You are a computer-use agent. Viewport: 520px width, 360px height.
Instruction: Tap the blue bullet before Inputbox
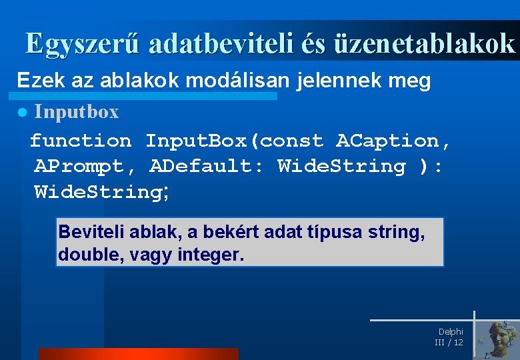tap(22, 113)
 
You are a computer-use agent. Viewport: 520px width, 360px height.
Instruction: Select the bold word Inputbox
tap(77, 112)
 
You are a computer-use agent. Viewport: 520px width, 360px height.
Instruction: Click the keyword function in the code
tap(81, 141)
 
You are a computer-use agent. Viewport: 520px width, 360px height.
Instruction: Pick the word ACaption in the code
tap(393, 141)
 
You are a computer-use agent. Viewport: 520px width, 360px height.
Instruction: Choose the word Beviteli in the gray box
tap(88, 232)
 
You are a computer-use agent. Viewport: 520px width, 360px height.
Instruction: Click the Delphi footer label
tap(451, 331)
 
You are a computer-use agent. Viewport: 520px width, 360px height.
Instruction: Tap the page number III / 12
tap(449, 342)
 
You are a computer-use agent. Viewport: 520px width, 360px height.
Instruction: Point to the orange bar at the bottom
tap(138, 353)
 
